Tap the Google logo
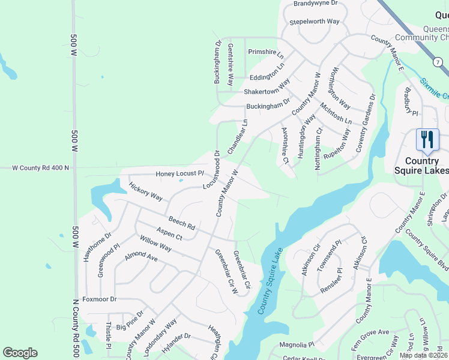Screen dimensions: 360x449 pos(20,353)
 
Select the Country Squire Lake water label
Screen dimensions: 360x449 pos(270,283)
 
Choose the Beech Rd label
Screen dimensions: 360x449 pos(182,224)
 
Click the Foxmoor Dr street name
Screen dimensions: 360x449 pos(99,299)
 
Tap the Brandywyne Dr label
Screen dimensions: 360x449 pos(316,4)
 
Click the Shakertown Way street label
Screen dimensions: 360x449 pos(267,92)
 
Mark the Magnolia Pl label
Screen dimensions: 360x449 pos(297,345)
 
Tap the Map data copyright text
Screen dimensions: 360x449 pos(423,355)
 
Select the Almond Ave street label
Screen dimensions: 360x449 pos(140,257)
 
